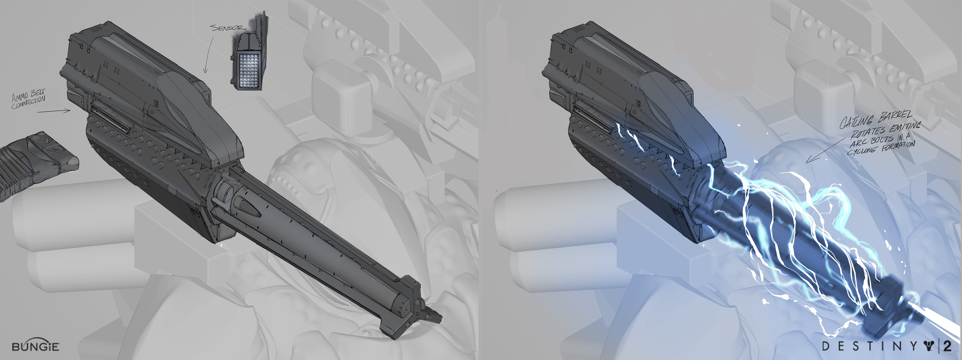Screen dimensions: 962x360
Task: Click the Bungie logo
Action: tap(36, 346)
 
